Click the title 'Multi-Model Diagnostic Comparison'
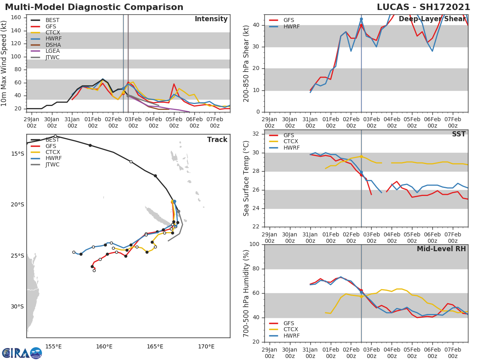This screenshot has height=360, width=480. tap(94, 7)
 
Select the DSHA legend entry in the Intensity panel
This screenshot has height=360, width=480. tap(52, 45)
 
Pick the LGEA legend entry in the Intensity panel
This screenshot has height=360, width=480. tap(52, 51)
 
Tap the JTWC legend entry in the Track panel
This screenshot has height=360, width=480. tap(52, 164)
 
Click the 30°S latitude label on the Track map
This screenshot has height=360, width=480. tap(17, 307)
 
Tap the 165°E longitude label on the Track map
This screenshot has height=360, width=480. tap(155, 346)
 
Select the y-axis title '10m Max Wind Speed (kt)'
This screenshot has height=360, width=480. tap(4, 63)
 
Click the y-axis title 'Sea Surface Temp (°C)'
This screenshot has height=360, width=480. tap(247, 178)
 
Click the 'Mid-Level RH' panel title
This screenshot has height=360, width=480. tap(441, 249)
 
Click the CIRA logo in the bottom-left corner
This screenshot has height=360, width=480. tap(22, 353)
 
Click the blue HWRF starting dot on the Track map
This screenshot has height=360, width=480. tap(174, 202)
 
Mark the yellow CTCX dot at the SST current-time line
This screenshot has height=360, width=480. tap(361, 156)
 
